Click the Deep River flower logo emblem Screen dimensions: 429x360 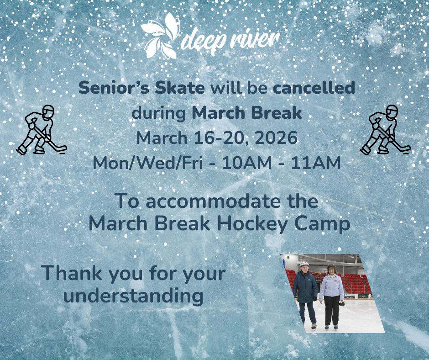point(161,36)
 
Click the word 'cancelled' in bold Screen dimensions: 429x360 point(314,88)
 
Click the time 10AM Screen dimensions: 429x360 point(246,163)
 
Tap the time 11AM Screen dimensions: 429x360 point(315,163)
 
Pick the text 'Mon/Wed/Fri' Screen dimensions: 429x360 point(148,163)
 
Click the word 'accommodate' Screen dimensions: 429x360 point(213,201)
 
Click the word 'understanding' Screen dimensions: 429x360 point(133,296)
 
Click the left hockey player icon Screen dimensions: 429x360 point(41,130)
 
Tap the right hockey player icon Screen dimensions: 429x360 point(385,130)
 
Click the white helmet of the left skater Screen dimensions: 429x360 point(304,264)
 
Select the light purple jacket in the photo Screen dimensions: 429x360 point(332,287)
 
